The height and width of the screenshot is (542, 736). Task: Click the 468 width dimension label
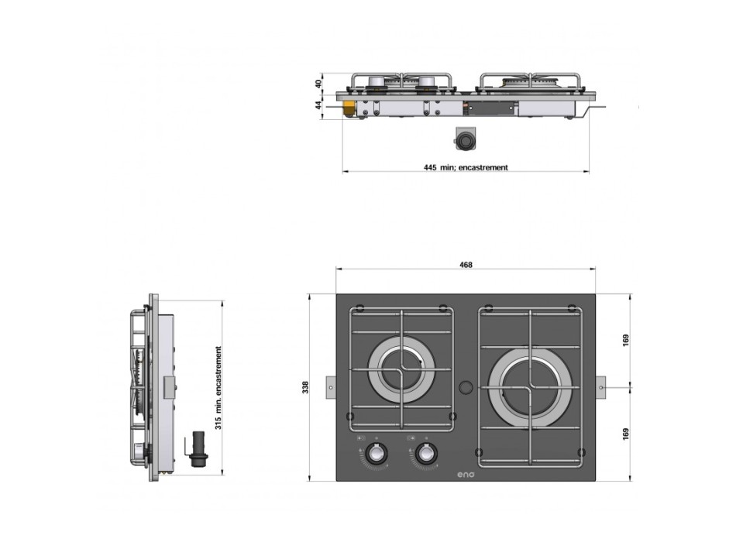[466, 265]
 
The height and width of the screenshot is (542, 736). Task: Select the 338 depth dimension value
[306, 386]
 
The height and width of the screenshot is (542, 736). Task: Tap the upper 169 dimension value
[627, 339]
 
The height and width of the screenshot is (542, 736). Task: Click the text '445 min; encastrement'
[466, 167]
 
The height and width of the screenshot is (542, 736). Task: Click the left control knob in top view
[378, 453]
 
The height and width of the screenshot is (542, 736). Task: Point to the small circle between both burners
[466, 386]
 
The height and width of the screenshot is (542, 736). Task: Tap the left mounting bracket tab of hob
[331, 386]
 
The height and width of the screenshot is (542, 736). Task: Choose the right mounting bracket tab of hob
[601, 386]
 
